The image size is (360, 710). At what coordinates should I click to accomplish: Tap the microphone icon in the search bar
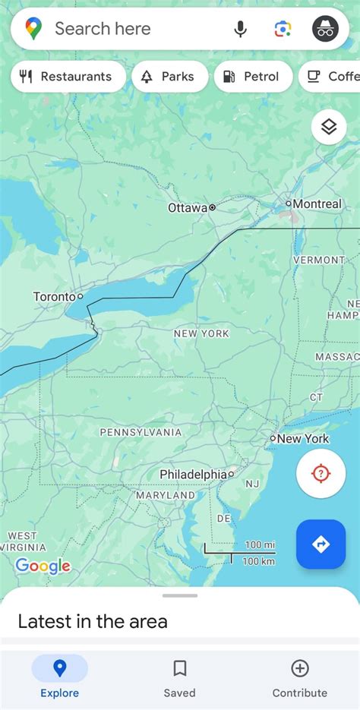(x=241, y=30)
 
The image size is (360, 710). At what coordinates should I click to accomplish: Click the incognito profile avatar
(x=326, y=30)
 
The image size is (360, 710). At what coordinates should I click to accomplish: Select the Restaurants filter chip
(x=68, y=77)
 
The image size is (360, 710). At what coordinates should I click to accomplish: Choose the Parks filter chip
(x=169, y=77)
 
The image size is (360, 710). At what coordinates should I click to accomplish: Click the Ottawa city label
(x=188, y=207)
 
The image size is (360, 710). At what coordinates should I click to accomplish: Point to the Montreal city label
(x=317, y=204)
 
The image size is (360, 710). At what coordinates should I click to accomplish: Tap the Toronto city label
(x=55, y=296)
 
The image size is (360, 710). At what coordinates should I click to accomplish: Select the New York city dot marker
(x=273, y=438)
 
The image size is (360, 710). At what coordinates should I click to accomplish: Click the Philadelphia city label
(x=193, y=474)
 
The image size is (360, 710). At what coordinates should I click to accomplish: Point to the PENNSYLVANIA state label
(x=141, y=432)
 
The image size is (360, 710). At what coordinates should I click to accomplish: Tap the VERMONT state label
(x=319, y=260)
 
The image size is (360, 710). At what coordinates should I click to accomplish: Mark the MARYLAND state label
(x=166, y=495)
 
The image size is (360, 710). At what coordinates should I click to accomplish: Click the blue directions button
(x=321, y=544)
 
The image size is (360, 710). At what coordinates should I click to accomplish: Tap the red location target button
(x=321, y=474)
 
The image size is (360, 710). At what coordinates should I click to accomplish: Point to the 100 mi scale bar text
(x=259, y=544)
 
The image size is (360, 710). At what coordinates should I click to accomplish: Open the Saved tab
(x=179, y=677)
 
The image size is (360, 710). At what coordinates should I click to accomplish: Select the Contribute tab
(x=300, y=677)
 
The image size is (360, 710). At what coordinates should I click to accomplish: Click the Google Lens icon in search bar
(x=283, y=30)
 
